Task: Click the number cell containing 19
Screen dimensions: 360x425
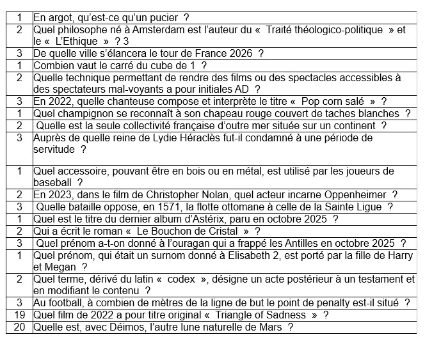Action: tap(19, 315)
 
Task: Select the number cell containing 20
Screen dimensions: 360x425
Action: tap(19, 327)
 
